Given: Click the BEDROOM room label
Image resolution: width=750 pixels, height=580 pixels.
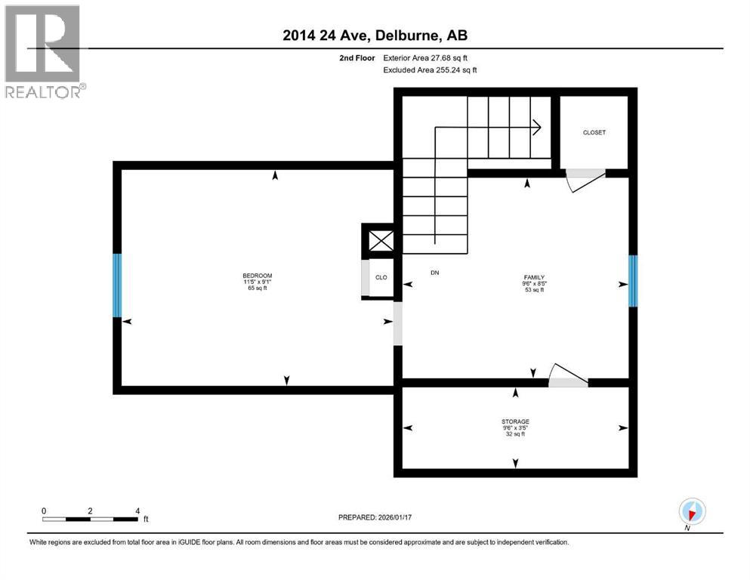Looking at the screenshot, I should click(x=257, y=275).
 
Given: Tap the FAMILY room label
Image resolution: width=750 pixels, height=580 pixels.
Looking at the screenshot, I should click(x=534, y=277).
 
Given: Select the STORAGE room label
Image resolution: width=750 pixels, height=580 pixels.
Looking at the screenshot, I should click(x=514, y=421).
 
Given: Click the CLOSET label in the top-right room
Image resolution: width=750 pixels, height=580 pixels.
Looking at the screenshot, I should click(x=594, y=132).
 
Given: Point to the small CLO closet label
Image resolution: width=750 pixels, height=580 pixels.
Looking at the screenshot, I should click(x=381, y=277).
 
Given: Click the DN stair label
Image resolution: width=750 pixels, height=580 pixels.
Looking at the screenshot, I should click(x=434, y=273).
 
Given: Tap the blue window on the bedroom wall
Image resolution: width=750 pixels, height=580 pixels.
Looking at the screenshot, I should click(x=117, y=285).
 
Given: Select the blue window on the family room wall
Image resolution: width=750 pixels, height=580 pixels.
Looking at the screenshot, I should click(x=633, y=281).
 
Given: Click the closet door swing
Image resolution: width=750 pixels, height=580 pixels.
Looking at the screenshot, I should click(x=585, y=179).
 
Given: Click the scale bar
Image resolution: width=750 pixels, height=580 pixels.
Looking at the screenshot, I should click(x=90, y=519).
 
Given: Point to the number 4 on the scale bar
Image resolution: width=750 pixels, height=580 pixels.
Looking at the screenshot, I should click(x=137, y=511).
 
